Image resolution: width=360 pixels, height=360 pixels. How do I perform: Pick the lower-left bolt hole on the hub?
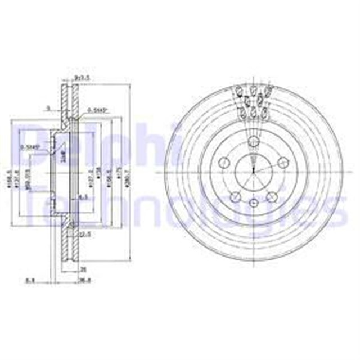coord(235,196)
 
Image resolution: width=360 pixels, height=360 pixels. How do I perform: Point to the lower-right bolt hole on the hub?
coord(272,196)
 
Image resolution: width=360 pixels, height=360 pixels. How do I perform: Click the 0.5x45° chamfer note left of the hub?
coord(29,147)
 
